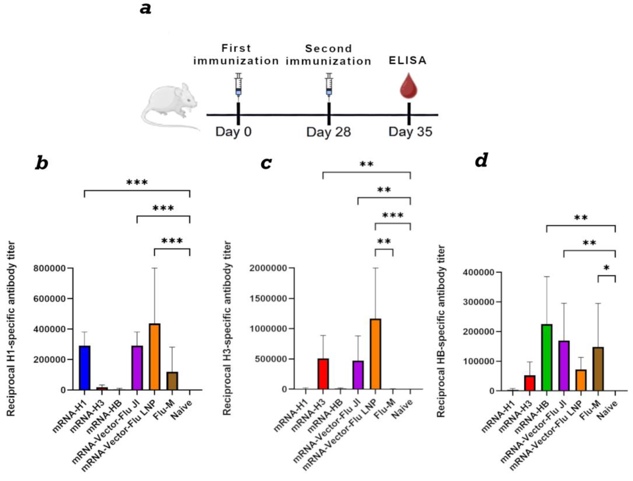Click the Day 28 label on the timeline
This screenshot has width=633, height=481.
(328, 132)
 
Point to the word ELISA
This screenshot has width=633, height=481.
(407, 60)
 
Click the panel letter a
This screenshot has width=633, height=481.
(146, 9)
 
